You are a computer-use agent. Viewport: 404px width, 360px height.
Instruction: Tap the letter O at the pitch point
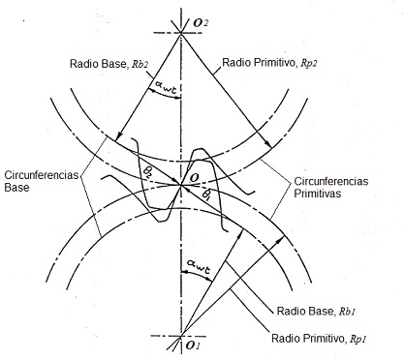click(x=194, y=178)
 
